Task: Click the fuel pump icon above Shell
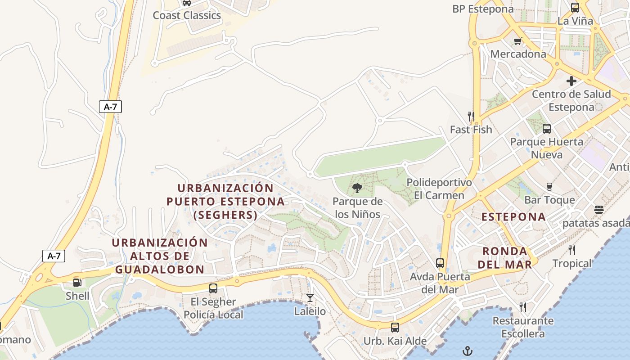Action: tap(77, 283)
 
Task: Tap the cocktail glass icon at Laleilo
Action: tap(310, 297)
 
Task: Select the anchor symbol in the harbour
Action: tap(468, 351)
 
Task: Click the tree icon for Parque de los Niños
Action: tap(358, 188)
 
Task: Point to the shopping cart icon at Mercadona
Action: tap(517, 41)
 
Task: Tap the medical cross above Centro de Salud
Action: tap(571, 81)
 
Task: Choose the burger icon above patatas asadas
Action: tap(598, 210)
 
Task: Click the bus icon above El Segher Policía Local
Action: tap(213, 288)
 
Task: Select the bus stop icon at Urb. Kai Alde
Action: tap(395, 328)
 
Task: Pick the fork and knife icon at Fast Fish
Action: tap(471, 117)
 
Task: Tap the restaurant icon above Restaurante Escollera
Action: tap(522, 307)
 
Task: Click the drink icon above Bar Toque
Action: tap(549, 187)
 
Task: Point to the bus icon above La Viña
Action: tap(575, 8)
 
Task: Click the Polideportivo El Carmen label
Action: tap(439, 189)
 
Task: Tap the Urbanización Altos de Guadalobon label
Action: tap(160, 256)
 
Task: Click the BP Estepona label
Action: tap(483, 9)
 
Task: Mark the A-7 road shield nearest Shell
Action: tap(54, 256)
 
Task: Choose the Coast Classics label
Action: tap(187, 15)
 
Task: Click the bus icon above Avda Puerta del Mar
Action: tap(440, 263)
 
